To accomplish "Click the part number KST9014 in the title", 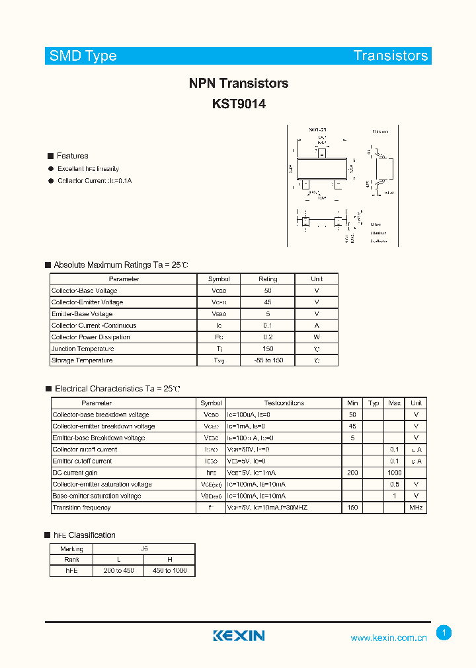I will [x=239, y=104].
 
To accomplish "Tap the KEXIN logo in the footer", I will [x=239, y=636].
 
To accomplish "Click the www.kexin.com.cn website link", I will [x=388, y=638].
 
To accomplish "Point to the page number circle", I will [x=444, y=633].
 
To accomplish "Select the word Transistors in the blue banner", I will [x=391, y=55].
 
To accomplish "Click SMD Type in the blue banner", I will [x=83, y=55].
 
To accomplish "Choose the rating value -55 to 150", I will [x=268, y=360].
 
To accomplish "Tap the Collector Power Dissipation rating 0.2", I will [x=268, y=337].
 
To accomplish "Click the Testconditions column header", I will [x=284, y=403].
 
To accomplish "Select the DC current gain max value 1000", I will [x=395, y=473].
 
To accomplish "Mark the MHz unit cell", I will [x=416, y=508].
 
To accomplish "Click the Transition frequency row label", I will [x=81, y=508].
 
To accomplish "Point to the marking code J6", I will [x=145, y=549].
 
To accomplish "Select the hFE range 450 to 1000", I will [x=170, y=571].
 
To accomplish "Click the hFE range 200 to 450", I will [x=119, y=571].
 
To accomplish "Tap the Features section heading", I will [x=72, y=156].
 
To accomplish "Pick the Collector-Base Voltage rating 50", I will [x=268, y=291].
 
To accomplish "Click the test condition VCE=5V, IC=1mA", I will [x=251, y=473].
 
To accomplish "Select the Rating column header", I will [x=268, y=279].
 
